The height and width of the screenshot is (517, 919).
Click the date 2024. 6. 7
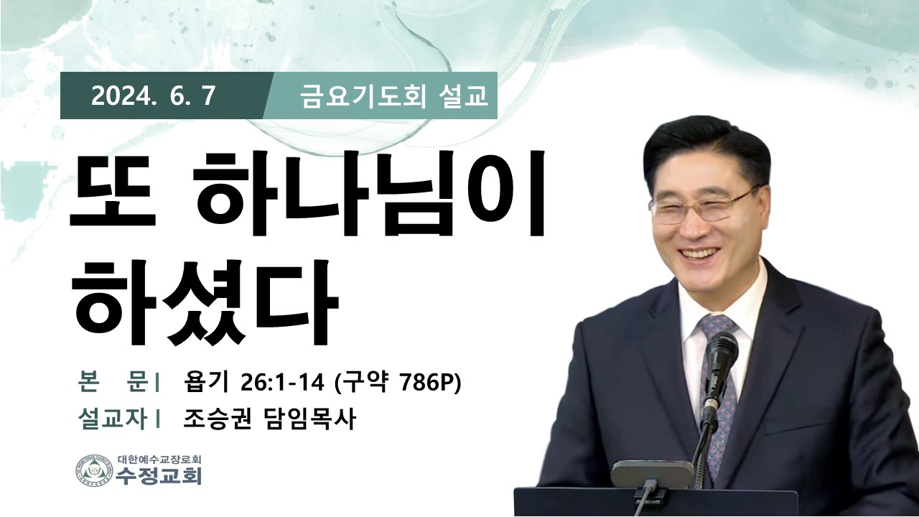coord(154,96)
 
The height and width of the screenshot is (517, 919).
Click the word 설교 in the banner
coord(463,97)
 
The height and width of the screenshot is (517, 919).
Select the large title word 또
coord(113,191)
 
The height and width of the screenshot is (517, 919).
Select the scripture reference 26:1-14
coord(282,383)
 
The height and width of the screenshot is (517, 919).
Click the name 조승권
coord(218,419)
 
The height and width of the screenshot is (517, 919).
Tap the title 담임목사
coord(308,419)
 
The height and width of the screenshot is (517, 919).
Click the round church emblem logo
coord(94,470)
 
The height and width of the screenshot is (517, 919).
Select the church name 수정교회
coord(159,476)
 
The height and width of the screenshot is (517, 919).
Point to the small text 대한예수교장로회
coord(159,459)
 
